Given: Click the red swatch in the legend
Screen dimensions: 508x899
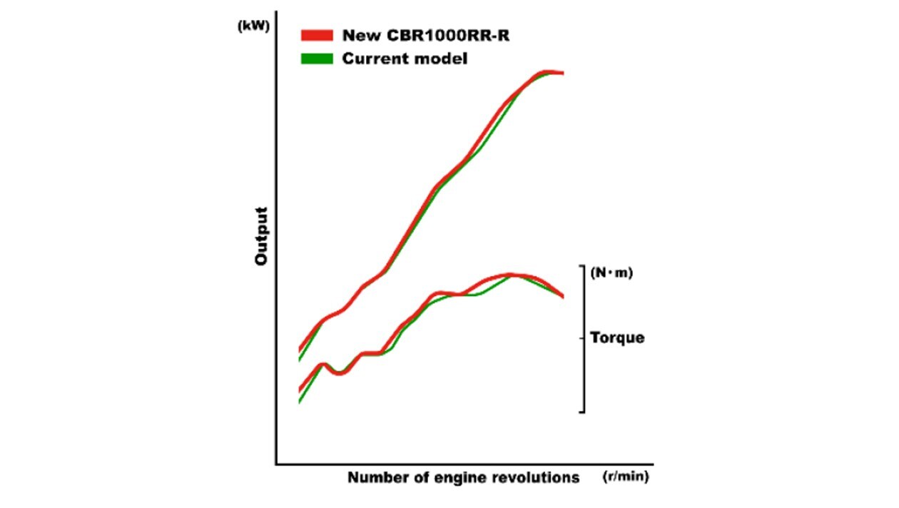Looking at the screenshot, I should click(x=317, y=36).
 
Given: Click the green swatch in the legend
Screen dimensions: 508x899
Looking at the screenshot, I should click(x=317, y=59).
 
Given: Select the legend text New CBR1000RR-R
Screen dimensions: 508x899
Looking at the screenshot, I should click(x=426, y=36).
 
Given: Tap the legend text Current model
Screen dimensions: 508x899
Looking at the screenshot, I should click(x=405, y=59).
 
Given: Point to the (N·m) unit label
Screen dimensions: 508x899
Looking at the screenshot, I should click(x=612, y=273).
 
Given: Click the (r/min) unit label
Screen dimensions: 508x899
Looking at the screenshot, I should click(x=626, y=477).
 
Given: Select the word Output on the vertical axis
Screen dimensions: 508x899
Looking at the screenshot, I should click(x=261, y=237).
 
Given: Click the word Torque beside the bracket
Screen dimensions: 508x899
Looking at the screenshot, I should click(x=617, y=337).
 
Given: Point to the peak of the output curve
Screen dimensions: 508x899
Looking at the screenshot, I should click(x=547, y=72).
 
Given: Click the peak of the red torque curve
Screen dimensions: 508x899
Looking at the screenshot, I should click(x=512, y=274).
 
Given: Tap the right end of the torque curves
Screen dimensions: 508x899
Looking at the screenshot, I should click(x=563, y=296).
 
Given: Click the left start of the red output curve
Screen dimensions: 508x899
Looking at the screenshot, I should click(x=300, y=350).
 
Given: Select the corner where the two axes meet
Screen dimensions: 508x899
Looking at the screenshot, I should click(x=276, y=464).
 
